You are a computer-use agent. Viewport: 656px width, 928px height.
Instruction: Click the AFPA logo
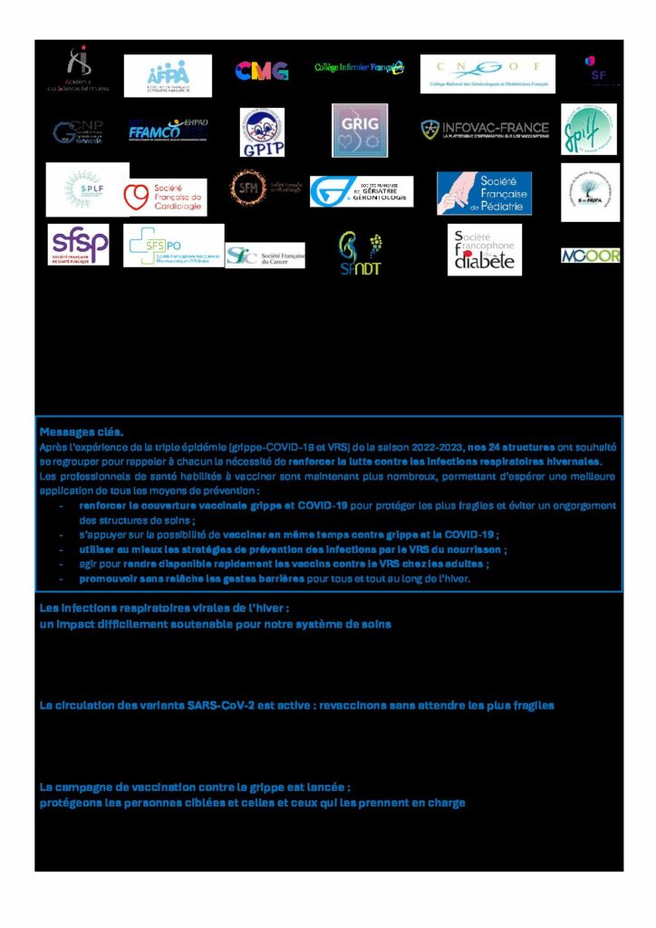pos(168,76)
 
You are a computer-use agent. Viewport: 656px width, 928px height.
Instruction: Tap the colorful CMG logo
pos(262,71)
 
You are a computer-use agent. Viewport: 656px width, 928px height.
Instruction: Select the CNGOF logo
pos(487,73)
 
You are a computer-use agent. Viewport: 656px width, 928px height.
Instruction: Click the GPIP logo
pos(262,131)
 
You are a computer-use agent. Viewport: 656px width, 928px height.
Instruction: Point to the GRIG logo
pos(360,130)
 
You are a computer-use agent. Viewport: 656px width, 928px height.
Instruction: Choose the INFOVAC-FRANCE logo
pos(485,130)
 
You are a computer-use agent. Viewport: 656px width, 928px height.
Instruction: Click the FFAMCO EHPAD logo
pos(168,130)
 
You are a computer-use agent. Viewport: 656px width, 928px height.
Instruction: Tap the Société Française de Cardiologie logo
pos(164,197)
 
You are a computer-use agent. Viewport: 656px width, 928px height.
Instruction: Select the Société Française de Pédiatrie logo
pos(484,193)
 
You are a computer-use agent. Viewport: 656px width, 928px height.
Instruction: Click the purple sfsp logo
pos(79,245)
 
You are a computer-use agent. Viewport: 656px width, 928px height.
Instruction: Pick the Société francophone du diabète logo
pos(485,251)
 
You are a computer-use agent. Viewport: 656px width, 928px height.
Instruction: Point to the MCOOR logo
pos(590,256)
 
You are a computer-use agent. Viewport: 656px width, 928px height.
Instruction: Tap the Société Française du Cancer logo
pos(265,256)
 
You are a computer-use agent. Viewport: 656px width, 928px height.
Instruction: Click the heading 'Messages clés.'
pos(82,432)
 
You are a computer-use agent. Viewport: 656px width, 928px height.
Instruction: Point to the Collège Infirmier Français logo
pos(360,68)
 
